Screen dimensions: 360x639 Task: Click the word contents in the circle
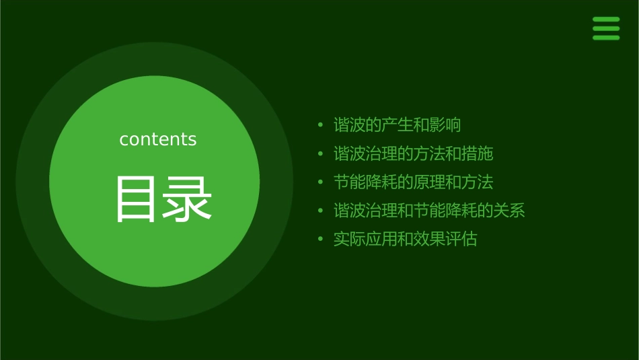click(158, 139)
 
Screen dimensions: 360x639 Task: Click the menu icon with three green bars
click(606, 28)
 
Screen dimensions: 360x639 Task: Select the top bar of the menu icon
click(606, 20)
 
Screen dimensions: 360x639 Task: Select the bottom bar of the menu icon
click(606, 38)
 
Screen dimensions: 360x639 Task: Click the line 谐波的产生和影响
click(397, 125)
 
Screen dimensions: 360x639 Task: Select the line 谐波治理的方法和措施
click(413, 154)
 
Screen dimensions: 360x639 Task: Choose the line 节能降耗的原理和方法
click(413, 182)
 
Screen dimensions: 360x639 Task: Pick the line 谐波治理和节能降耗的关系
click(429, 211)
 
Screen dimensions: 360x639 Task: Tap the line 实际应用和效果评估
click(405, 240)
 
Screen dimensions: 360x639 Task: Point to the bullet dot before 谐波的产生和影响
click(321, 125)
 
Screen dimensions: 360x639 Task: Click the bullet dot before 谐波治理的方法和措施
click(321, 154)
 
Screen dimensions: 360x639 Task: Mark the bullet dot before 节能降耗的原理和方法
click(321, 182)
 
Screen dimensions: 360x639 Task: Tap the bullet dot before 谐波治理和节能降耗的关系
click(321, 211)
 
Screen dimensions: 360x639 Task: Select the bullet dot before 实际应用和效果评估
click(321, 240)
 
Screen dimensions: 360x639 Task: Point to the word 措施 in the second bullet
click(477, 154)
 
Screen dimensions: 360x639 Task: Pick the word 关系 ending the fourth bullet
click(509, 211)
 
